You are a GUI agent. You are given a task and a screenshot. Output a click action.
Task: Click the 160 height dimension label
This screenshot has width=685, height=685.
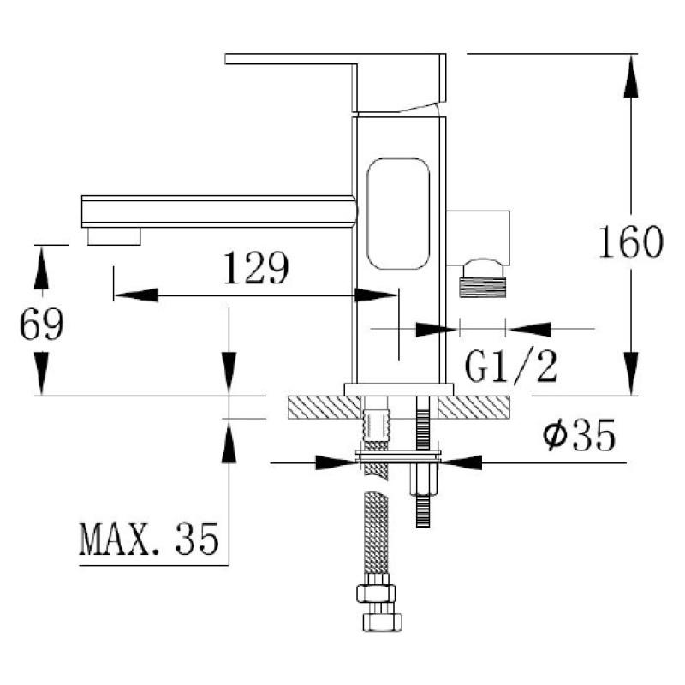point(631,242)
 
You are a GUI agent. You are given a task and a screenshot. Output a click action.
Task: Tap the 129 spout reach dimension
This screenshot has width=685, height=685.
point(256,268)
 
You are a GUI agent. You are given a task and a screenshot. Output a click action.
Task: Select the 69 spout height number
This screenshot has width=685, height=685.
point(41,324)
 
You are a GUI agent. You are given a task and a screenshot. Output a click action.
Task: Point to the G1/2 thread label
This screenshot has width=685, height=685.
point(510,367)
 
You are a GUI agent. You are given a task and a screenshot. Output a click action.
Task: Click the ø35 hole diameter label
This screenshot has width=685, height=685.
point(580,435)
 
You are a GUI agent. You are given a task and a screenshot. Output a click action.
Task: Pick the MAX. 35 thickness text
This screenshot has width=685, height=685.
point(148,539)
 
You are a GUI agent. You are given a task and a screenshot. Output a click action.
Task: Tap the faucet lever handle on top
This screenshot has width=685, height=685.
point(336,82)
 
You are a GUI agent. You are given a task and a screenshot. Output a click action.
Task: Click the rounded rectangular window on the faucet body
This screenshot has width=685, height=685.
point(398,213)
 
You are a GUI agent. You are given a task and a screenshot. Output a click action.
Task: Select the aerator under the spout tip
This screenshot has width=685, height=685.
point(114,236)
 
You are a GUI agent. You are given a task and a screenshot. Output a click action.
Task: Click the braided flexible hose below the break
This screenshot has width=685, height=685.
point(376,533)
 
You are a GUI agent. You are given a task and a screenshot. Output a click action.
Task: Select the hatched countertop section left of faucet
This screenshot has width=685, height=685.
point(325,408)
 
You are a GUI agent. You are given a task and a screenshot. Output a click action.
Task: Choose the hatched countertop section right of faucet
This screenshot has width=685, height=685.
point(474,408)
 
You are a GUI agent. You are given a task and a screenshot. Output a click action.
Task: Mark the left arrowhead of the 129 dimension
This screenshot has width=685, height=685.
point(136,295)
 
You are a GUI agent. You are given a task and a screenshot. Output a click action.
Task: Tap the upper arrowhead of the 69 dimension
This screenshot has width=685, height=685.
point(41,267)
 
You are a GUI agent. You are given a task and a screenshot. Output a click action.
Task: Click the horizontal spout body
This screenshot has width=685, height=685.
point(218,211)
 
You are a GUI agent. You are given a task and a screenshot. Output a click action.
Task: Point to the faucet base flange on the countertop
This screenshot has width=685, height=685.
point(399,390)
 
